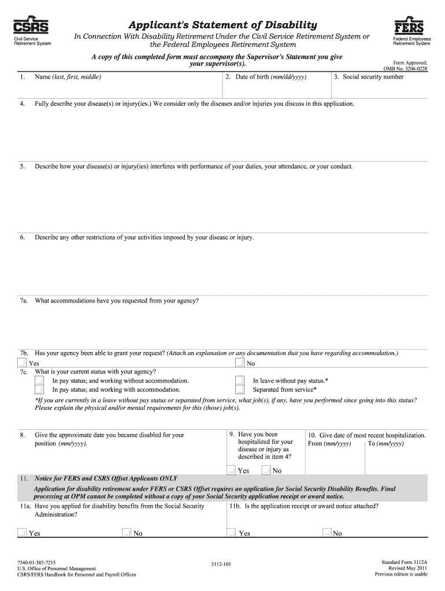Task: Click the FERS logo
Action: pos(409,26)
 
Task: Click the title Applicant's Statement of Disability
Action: pos(222,25)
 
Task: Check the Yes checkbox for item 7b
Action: pos(21,363)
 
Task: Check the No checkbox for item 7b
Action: pos(240,363)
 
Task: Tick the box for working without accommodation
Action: pos(39,381)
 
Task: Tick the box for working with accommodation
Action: pos(39,390)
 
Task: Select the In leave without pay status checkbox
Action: pos(240,381)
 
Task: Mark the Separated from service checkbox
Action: pos(240,390)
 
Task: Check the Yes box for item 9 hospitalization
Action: pos(231,470)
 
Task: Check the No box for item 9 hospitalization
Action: pos(266,470)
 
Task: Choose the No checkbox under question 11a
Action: pos(127,533)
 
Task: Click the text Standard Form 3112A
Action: pos(405,561)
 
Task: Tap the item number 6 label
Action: pos(22,237)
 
